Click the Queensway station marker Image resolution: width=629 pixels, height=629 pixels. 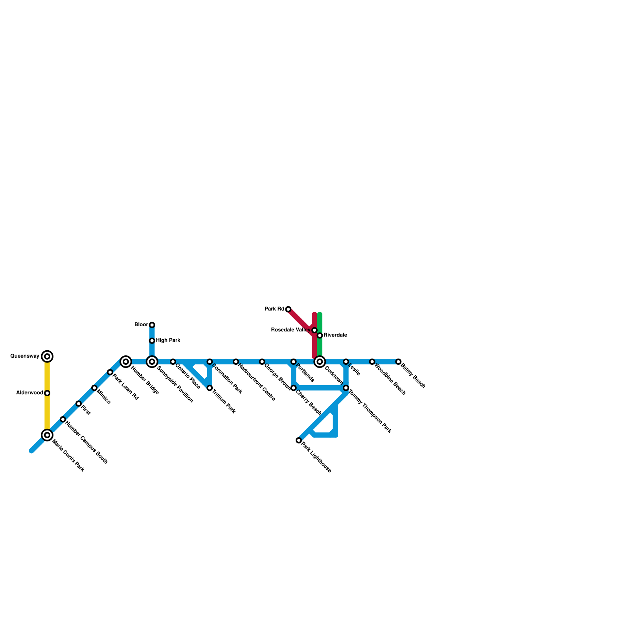(47, 357)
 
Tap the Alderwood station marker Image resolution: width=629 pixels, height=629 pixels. (47, 393)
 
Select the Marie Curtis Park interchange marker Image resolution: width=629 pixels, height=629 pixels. (47, 435)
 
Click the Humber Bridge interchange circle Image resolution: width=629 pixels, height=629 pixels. (126, 362)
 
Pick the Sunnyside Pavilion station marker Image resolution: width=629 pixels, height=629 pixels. (152, 362)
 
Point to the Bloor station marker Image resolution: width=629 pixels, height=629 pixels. (152, 325)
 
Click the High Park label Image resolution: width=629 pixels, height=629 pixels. (168, 340)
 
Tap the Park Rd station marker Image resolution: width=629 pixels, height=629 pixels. (288, 309)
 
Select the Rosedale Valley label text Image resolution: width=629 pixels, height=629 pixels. (291, 330)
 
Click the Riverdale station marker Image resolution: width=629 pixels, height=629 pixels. (320, 335)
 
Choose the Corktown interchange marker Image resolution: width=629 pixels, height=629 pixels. (320, 362)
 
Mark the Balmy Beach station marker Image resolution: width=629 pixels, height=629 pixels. (398, 362)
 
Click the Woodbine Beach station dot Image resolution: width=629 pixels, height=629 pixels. (372, 362)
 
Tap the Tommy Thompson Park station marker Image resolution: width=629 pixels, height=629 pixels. (346, 388)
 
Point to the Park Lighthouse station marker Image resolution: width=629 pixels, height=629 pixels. (299, 440)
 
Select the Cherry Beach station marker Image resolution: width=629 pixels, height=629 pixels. (294, 388)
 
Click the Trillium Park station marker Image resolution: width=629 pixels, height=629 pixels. (210, 388)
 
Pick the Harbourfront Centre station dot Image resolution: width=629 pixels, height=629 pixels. (236, 362)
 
